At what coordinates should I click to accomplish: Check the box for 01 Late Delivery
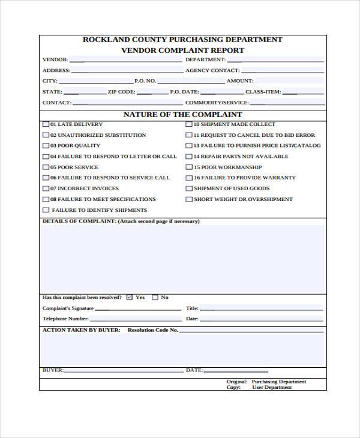46,124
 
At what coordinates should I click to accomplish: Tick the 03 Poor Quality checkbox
46,146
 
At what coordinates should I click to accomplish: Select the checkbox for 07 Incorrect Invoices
46,188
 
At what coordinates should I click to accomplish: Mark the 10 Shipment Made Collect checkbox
189,124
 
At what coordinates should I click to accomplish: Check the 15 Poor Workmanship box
189,167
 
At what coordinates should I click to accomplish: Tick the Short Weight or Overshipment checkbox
189,199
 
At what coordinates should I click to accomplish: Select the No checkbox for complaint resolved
155,297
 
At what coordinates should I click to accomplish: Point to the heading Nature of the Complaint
182,114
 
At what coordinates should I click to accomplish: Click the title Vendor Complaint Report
182,50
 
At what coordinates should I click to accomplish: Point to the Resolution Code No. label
153,330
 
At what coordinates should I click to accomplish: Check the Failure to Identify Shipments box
46,210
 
